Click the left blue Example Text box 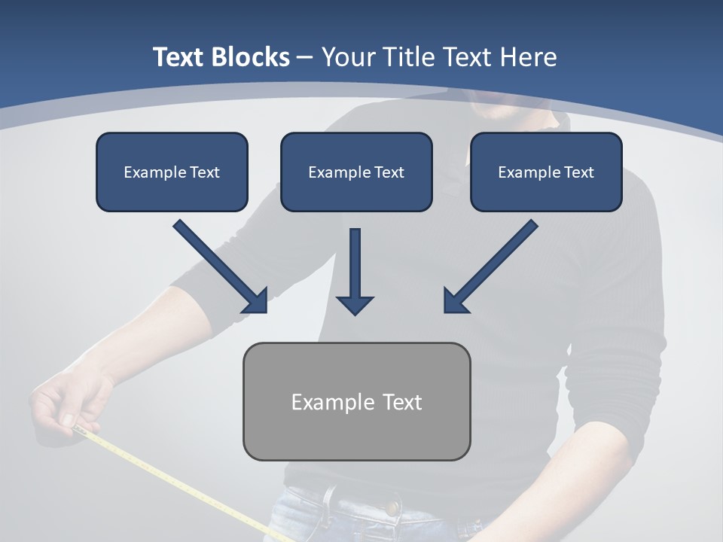[172, 172]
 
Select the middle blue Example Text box [356, 172]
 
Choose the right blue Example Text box [546, 172]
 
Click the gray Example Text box [356, 401]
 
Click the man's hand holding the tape [72, 403]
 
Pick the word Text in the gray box [402, 402]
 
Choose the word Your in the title [349, 57]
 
